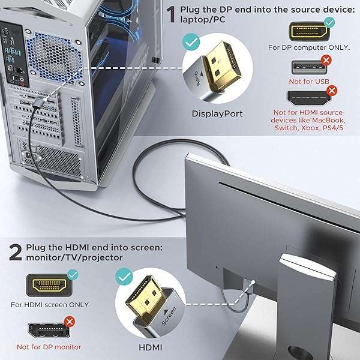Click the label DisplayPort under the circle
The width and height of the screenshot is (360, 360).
point(217,113)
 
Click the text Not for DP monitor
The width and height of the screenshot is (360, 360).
point(49,347)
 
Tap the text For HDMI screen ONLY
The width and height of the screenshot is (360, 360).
point(50,305)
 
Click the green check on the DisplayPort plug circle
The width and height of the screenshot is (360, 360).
point(191,43)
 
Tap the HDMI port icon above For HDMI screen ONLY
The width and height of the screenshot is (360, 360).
point(49,285)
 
